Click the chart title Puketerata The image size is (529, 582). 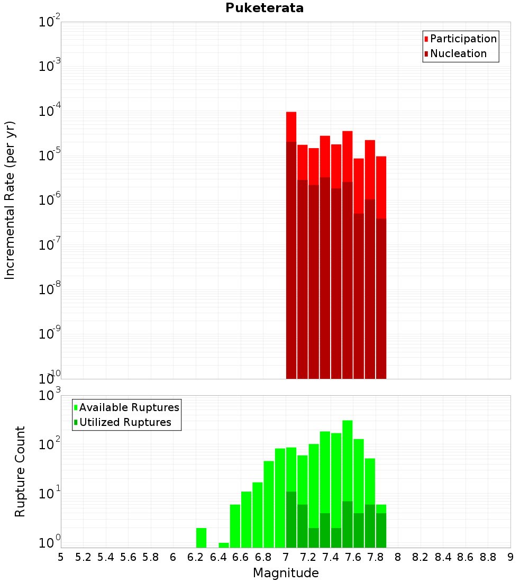[x=264, y=8]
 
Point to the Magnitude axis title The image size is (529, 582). [x=286, y=573]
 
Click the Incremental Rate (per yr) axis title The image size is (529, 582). [x=10, y=200]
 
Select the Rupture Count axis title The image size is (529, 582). [x=20, y=471]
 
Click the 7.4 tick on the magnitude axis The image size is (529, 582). [x=331, y=557]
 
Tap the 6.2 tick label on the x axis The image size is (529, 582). [x=196, y=557]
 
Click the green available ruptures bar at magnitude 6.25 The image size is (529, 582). [x=201, y=538]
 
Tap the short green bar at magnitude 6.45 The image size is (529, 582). [x=224, y=545]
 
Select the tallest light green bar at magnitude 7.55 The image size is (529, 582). [x=348, y=460]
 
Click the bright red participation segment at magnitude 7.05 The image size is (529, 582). [x=291, y=127]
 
